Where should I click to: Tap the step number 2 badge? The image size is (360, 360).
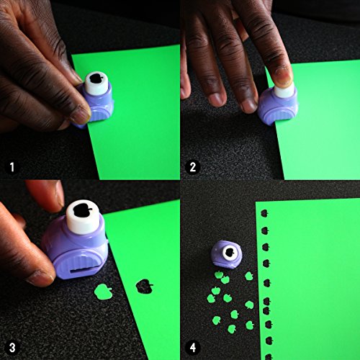(x=192, y=168)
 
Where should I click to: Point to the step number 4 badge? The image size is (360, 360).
(x=192, y=348)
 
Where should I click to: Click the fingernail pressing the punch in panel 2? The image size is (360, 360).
(x=283, y=72)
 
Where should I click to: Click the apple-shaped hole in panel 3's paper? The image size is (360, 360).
(x=146, y=287)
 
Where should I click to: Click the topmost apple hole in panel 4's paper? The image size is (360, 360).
(x=263, y=213)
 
